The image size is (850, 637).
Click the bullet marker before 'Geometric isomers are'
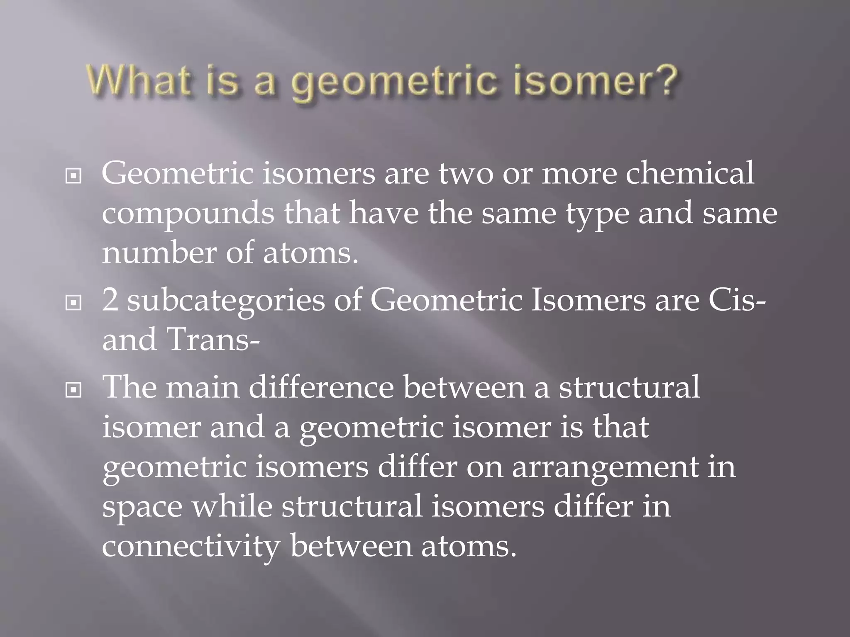73,177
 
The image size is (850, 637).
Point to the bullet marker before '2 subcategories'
73,303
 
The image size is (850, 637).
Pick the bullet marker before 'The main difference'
73,390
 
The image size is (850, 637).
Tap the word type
598,216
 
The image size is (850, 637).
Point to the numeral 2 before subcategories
110,300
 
